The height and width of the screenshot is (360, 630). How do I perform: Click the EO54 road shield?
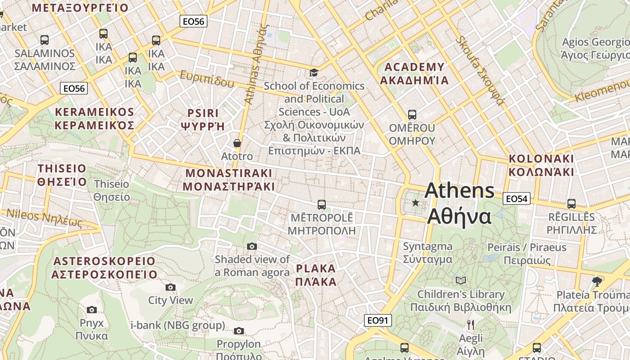coord(517,198)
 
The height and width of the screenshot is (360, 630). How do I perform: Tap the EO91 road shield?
coord(378,320)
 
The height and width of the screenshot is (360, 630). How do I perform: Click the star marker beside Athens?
coord(415,203)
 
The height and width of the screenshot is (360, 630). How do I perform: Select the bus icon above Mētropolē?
coord(321,205)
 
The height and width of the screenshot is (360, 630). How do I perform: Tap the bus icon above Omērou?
coord(412,115)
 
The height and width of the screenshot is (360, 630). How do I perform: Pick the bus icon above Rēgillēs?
coord(571,204)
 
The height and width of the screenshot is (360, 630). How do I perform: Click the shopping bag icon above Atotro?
coord(237,144)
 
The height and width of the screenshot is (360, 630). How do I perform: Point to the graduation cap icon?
coord(314,72)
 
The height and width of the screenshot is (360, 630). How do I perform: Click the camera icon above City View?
coord(171,287)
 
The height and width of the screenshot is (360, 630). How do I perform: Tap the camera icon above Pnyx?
coord(92,310)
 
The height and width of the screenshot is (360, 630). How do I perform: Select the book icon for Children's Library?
coord(461,280)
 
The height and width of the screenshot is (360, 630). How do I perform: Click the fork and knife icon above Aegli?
coord(471,324)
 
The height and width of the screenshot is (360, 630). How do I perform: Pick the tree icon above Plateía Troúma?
coord(598,282)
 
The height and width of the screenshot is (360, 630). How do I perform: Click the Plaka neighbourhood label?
coord(316,275)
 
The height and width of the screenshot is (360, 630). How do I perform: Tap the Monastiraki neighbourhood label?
coord(229,180)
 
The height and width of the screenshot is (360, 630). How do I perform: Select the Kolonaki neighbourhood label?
coord(541,165)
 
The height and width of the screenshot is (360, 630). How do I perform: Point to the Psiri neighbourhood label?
coord(203,119)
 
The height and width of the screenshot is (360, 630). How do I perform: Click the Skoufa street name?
coord(479,70)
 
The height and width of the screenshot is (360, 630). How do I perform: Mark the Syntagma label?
coord(427,252)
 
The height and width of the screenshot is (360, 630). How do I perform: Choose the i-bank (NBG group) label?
coord(177,325)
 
